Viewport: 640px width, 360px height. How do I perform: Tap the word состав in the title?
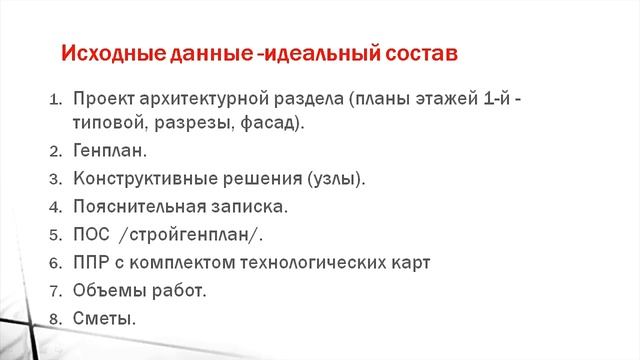pos(417,53)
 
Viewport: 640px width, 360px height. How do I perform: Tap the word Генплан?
pos(108,151)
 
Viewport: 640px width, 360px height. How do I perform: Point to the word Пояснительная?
pos(135,207)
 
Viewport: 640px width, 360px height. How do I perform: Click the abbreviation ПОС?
pos(91,235)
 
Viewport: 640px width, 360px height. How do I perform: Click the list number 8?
pos(55,319)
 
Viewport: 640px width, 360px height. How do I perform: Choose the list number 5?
pos(55,236)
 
